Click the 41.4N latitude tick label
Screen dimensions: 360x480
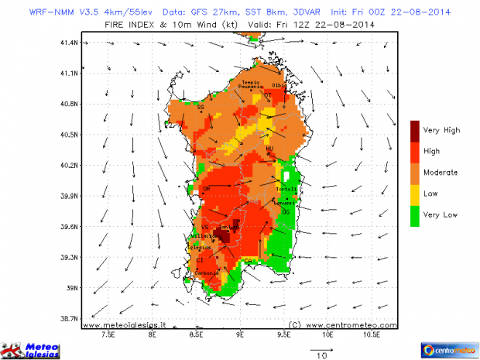[x=70, y=43]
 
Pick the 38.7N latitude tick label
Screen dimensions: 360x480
[x=70, y=318]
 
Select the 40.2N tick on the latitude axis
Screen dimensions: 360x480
[x=70, y=165]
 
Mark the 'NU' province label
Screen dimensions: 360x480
[x=270, y=148]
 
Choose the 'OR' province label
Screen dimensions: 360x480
[x=206, y=189]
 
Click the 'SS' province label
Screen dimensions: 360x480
[x=201, y=107]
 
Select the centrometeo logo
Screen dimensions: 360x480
[x=448, y=349]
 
